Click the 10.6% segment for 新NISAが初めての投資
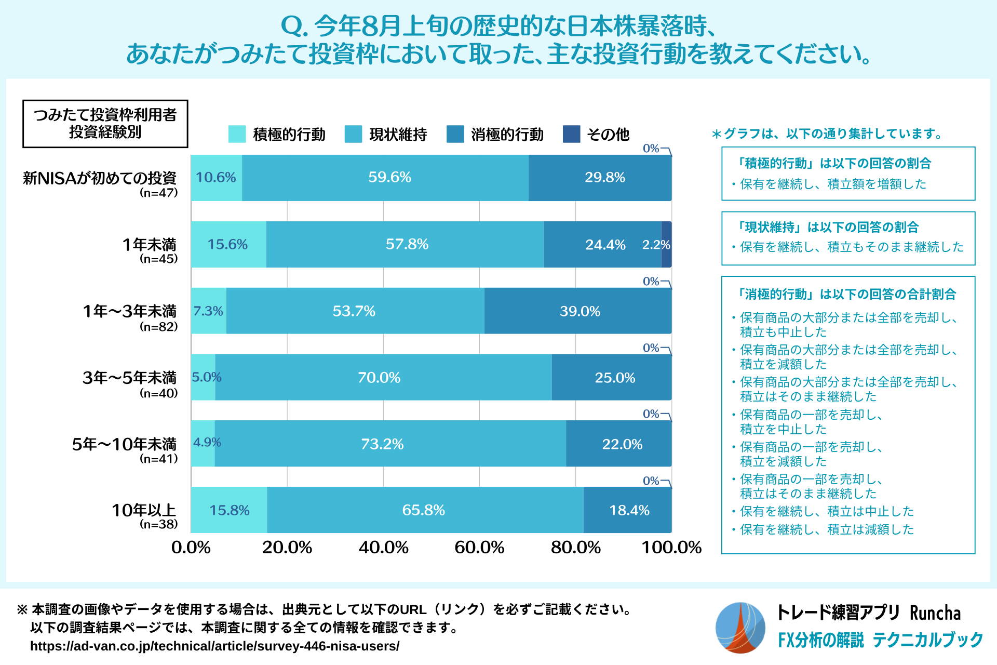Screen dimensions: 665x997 click(216, 178)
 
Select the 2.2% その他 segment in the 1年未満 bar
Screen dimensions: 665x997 click(666, 245)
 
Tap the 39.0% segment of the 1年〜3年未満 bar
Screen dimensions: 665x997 click(579, 311)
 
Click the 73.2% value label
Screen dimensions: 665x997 click(382, 444)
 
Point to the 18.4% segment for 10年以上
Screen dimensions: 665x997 click(628, 510)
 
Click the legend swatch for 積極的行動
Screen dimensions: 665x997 click(237, 134)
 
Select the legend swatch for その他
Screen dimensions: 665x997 click(571, 134)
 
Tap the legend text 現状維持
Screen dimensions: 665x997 click(398, 135)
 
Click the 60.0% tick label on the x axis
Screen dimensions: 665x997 click(479, 547)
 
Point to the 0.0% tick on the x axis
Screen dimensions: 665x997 click(191, 547)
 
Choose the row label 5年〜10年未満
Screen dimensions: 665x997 click(124, 444)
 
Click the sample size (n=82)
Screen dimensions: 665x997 click(158, 327)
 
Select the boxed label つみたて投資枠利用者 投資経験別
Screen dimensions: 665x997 click(105, 124)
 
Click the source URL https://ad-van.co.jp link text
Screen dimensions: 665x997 click(214, 646)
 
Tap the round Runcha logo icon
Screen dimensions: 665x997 click(740, 628)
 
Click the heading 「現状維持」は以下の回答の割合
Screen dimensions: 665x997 click(828, 227)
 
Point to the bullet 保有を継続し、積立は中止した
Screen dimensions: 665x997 click(826, 511)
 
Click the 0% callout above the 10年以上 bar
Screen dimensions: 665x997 click(651, 481)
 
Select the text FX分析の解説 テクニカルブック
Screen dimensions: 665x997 click(880, 640)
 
